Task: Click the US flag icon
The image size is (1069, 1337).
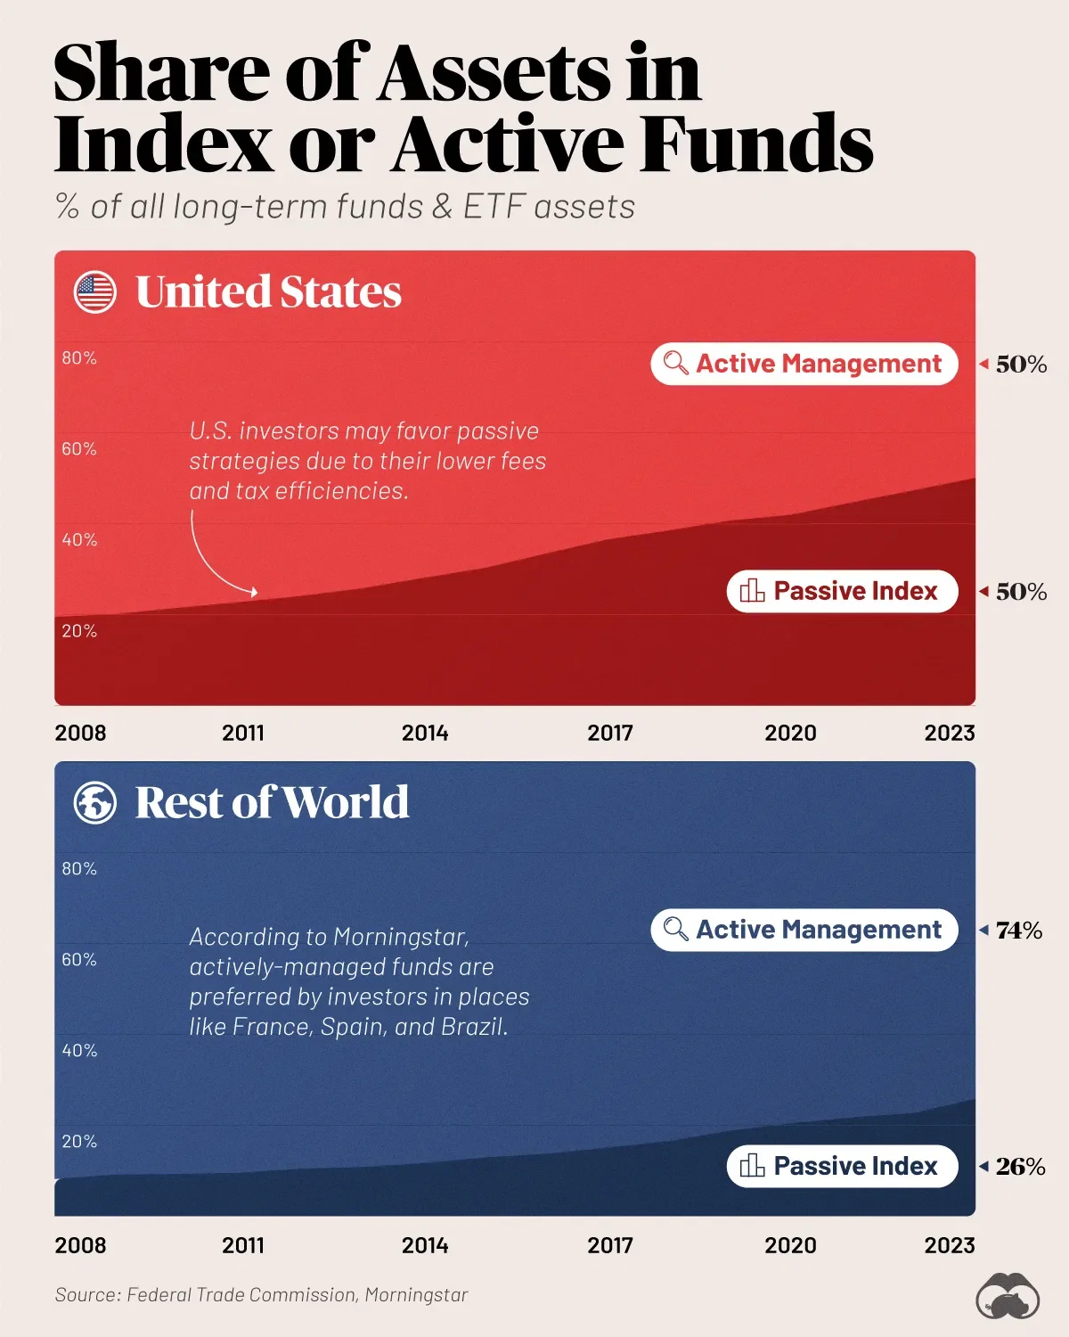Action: tap(95, 292)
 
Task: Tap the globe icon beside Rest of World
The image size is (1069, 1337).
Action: tap(95, 802)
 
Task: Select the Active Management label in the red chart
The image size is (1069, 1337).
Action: tap(804, 364)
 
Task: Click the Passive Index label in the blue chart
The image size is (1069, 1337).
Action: tap(842, 1166)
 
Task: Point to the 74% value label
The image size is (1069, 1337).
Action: tap(1018, 931)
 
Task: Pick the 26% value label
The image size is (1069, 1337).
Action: tap(1020, 1167)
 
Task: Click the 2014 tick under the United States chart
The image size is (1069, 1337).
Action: tap(425, 733)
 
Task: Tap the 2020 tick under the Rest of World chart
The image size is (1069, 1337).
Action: tap(790, 1245)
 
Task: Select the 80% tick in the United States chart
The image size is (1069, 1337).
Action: tap(79, 358)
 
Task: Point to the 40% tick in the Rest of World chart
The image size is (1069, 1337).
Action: tap(79, 1051)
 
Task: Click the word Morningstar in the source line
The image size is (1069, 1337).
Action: tap(416, 1295)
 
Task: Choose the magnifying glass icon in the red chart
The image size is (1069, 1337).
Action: tap(676, 364)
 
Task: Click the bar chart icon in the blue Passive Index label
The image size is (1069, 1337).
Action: tap(752, 1166)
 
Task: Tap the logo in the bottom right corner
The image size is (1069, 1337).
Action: tap(1008, 1298)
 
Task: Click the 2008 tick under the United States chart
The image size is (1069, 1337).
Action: tap(80, 733)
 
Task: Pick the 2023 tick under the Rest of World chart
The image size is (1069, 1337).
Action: tap(950, 1245)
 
